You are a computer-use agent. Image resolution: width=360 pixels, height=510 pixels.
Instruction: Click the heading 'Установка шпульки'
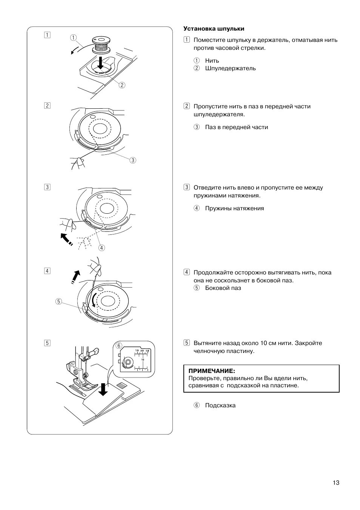click(x=214, y=29)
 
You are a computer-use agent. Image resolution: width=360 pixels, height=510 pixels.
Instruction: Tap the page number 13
click(x=336, y=482)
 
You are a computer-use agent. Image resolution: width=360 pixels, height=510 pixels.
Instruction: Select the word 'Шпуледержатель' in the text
click(x=230, y=68)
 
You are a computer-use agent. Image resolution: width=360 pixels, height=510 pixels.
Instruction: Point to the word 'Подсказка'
click(x=220, y=405)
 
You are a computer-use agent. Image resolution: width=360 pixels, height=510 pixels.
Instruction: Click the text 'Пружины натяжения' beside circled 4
click(x=234, y=208)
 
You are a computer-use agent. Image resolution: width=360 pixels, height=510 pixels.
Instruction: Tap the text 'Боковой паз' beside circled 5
click(x=223, y=288)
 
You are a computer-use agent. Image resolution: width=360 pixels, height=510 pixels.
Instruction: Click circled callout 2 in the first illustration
click(x=122, y=85)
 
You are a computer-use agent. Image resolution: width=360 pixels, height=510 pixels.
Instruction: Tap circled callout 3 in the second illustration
click(x=132, y=160)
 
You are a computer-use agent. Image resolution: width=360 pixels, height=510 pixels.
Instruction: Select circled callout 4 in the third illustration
click(x=102, y=248)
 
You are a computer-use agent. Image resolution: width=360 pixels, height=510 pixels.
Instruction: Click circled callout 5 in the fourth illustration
click(x=58, y=301)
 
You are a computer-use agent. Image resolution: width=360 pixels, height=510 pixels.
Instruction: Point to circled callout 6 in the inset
click(x=119, y=345)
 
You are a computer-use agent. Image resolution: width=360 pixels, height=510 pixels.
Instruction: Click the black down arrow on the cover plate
click(x=103, y=390)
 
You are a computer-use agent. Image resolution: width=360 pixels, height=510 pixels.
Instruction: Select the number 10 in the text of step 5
click(x=263, y=343)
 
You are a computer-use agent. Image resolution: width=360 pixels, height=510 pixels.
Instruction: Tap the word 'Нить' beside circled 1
click(x=212, y=60)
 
